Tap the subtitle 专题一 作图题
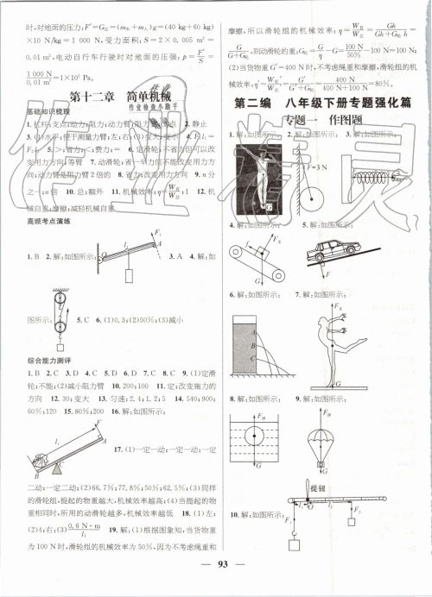(321, 120)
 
